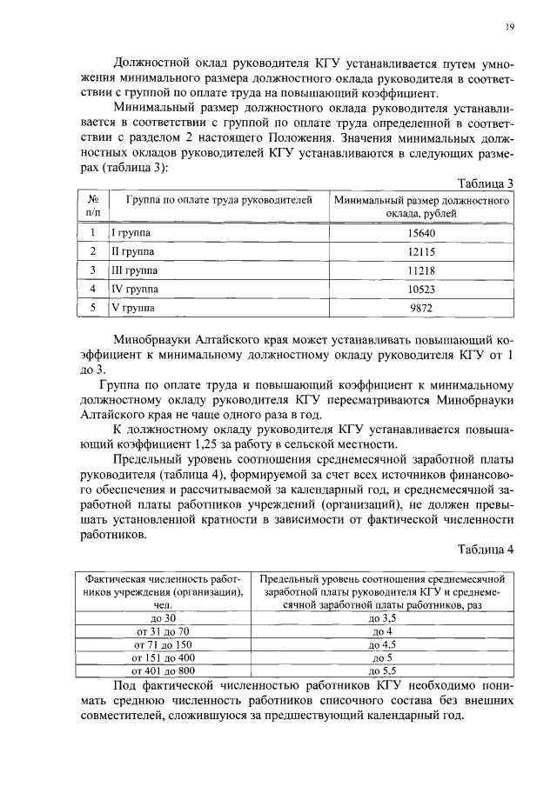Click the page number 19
(x=509, y=28)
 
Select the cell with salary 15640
(x=420, y=233)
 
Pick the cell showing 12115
(x=420, y=251)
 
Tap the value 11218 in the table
(x=420, y=270)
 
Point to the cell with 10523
(x=420, y=288)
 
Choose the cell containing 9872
(x=420, y=307)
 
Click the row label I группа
(x=130, y=233)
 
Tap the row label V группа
(x=131, y=307)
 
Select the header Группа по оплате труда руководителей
(x=218, y=200)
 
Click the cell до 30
(x=162, y=617)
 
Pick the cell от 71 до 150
(x=162, y=644)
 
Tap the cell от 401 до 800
(x=162, y=671)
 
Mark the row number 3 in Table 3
(x=92, y=270)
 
